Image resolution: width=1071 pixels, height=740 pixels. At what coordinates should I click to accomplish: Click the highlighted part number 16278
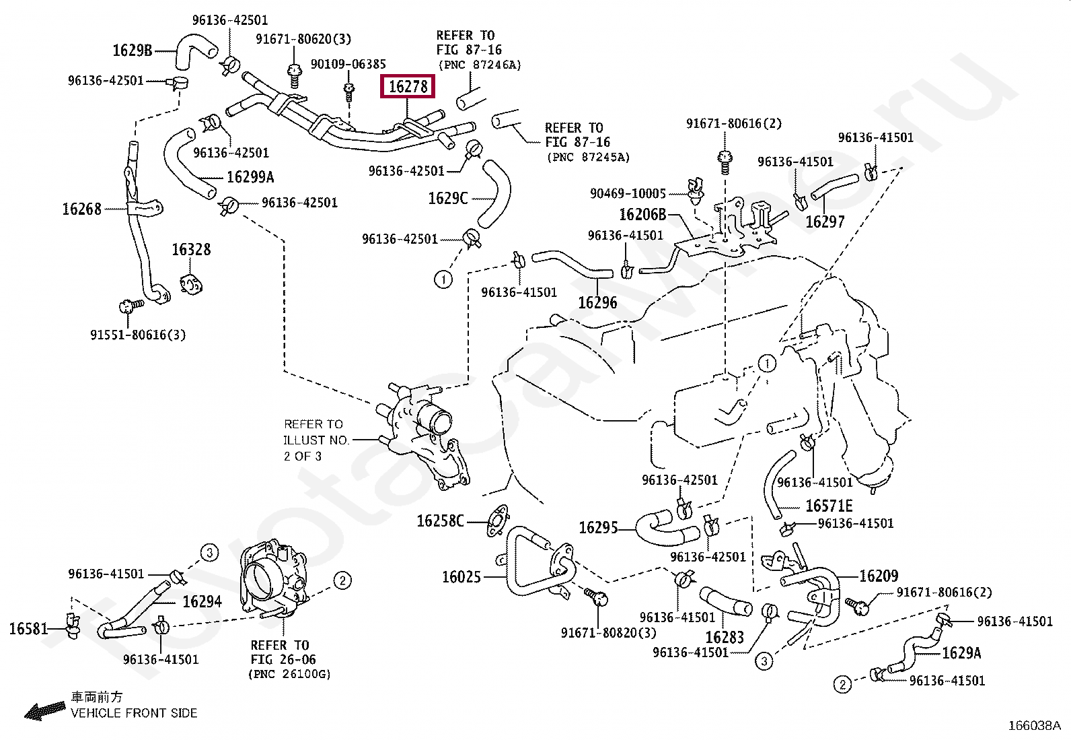click(408, 87)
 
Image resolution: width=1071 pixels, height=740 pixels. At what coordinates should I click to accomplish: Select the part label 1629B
click(132, 51)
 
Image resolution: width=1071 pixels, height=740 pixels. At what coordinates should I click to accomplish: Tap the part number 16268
click(82, 209)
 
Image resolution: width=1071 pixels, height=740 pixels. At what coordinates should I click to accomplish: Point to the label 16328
click(191, 249)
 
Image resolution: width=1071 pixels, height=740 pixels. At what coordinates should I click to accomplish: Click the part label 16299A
click(250, 177)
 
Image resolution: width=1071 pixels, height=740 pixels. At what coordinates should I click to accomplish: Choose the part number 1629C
click(448, 198)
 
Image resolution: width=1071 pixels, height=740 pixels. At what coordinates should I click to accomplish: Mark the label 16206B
click(642, 214)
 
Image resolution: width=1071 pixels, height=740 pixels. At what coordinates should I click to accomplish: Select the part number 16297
click(825, 222)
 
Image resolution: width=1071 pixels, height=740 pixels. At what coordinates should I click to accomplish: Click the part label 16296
click(597, 302)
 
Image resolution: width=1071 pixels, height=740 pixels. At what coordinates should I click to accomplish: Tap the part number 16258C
click(441, 520)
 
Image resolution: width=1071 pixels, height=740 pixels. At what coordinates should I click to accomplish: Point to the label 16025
click(461, 577)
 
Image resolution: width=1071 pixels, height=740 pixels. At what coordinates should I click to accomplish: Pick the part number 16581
click(29, 628)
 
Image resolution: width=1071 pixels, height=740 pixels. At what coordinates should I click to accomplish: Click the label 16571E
click(829, 506)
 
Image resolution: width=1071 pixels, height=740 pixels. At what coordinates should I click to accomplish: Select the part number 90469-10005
click(628, 193)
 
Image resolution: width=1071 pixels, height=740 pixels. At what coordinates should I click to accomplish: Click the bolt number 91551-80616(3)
click(138, 335)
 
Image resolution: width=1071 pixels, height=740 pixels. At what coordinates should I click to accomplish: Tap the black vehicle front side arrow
click(45, 710)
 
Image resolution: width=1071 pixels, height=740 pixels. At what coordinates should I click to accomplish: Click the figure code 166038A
click(1035, 726)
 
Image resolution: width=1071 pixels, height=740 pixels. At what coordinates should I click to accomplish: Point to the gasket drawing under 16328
click(191, 284)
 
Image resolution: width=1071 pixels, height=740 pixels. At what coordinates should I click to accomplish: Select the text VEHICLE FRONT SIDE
click(134, 713)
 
